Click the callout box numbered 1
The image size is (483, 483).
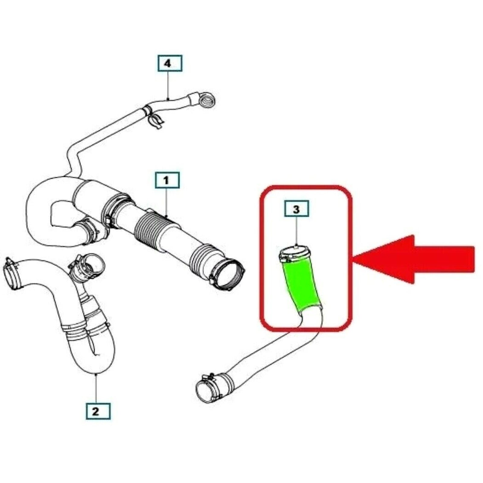point(167,181)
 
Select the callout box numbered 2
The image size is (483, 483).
point(98,411)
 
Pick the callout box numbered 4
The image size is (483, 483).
point(170,63)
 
